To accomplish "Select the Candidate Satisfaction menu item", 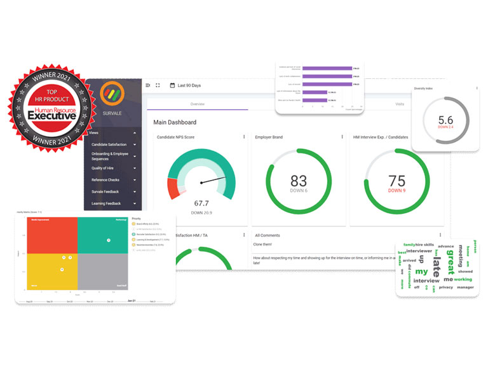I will point(109,144).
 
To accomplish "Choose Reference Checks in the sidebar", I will point(105,180).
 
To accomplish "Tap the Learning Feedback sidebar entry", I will point(106,204).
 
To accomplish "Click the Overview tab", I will point(197,104).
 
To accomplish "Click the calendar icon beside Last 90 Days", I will point(172,85).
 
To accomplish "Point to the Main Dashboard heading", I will point(175,122).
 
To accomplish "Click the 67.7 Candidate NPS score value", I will point(201,203).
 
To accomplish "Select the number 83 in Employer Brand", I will point(299,181).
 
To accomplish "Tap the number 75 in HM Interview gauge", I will point(396,180).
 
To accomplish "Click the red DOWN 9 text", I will point(396,191).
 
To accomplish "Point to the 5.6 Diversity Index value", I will point(445,119).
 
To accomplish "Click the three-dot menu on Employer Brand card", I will point(342,137).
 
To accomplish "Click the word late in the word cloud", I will point(437,262).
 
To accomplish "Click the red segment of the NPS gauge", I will point(173,189).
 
